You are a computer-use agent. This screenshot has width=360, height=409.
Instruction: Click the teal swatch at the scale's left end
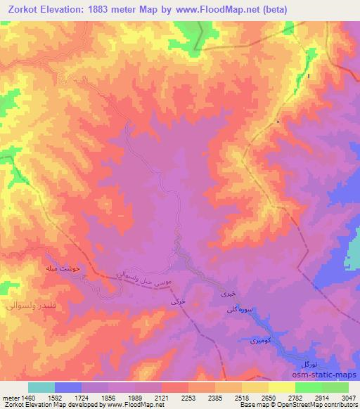41,387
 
